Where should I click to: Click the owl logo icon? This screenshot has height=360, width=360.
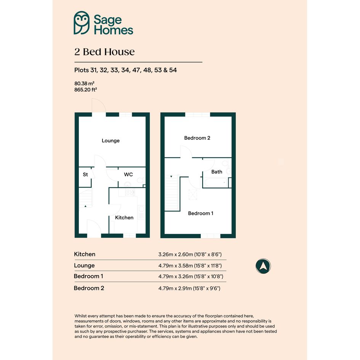click(x=82, y=23)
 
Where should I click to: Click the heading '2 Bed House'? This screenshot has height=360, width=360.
click(x=104, y=52)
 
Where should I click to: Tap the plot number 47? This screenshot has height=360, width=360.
click(x=136, y=70)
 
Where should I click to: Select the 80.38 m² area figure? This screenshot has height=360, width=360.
click(x=84, y=83)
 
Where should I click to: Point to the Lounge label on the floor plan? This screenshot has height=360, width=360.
click(x=110, y=141)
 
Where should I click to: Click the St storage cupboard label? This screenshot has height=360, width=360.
click(x=85, y=174)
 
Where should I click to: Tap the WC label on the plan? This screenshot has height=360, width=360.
click(x=128, y=174)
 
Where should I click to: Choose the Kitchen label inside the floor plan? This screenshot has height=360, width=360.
click(x=124, y=218)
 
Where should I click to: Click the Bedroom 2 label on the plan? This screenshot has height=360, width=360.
click(x=197, y=138)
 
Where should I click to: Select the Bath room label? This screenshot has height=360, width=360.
click(x=217, y=172)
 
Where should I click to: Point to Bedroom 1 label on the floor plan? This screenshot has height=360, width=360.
click(x=201, y=213)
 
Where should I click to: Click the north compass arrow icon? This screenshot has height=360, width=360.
click(x=263, y=266)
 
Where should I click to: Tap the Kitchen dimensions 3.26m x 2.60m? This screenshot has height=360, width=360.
click(x=190, y=254)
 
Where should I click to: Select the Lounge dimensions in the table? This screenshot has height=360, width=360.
click(x=190, y=266)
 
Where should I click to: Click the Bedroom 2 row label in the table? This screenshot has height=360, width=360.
click(x=89, y=288)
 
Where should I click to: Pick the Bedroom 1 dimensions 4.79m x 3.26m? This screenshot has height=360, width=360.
click(x=191, y=277)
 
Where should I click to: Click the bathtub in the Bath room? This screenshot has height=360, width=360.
click(x=216, y=183)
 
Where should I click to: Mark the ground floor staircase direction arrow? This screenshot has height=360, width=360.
click(x=85, y=206)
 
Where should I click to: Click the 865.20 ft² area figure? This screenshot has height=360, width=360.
click(x=85, y=90)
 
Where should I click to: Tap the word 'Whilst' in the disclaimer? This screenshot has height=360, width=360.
click(x=81, y=316)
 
